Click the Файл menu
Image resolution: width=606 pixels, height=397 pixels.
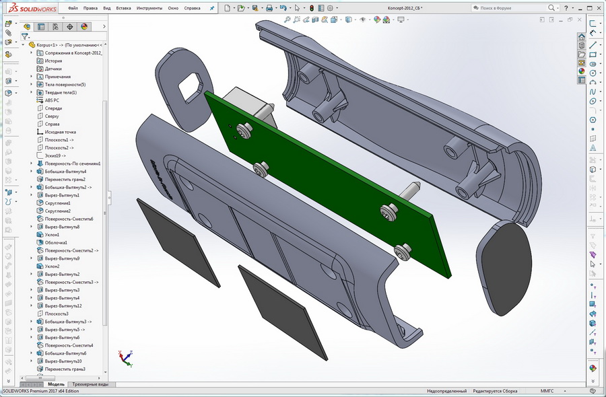click(x=73, y=8)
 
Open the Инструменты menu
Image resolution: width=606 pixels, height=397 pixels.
click(x=149, y=8)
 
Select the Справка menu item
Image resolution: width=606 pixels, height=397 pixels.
click(x=192, y=8)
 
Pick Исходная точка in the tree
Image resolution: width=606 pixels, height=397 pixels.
click(x=61, y=132)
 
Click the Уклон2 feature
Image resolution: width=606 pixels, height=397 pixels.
click(x=53, y=266)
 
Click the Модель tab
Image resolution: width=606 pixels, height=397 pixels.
click(x=56, y=384)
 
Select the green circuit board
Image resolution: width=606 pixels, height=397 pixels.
click(x=323, y=188)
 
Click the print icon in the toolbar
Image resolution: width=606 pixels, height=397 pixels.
click(x=269, y=8)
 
